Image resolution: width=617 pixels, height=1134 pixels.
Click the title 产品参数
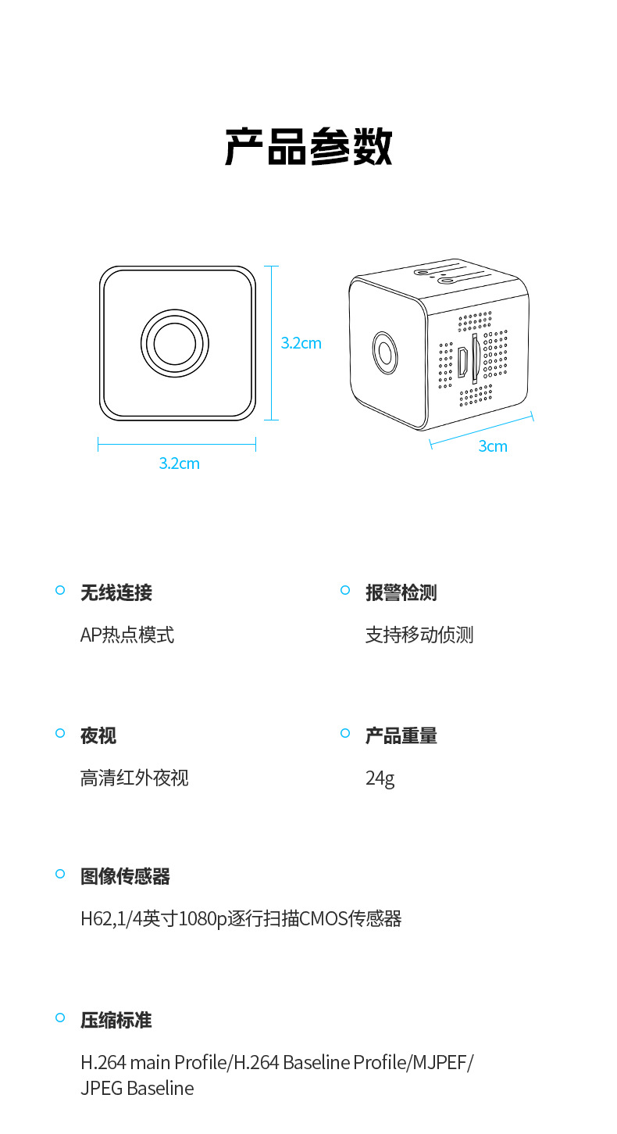tap(308, 147)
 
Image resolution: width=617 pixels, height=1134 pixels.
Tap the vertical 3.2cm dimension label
tap(301, 343)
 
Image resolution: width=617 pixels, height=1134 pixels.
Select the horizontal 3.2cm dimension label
tap(179, 463)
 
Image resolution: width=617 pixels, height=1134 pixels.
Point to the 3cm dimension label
tap(493, 446)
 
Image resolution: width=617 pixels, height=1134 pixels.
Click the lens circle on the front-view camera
tap(177, 342)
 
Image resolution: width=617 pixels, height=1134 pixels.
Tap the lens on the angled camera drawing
tap(384, 352)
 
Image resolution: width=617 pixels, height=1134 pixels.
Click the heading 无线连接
tap(116, 592)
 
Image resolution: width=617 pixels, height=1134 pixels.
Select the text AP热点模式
tap(127, 635)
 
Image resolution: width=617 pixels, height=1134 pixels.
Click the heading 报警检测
tap(401, 592)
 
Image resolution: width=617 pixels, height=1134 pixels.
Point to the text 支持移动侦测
tap(419, 635)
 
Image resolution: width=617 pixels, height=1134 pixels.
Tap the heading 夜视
tap(98, 735)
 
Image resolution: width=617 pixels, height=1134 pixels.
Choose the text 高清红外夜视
tap(134, 778)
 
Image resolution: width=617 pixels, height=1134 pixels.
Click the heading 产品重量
tap(401, 735)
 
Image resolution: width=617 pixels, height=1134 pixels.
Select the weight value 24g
tap(380, 778)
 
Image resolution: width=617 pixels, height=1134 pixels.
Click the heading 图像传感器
tap(125, 876)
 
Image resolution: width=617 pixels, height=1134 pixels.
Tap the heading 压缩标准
tap(116, 1020)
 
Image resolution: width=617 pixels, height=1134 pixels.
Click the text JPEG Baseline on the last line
tap(137, 1088)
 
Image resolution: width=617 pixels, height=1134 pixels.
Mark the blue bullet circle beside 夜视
tap(60, 733)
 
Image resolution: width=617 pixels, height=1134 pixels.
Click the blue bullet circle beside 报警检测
tap(345, 590)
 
